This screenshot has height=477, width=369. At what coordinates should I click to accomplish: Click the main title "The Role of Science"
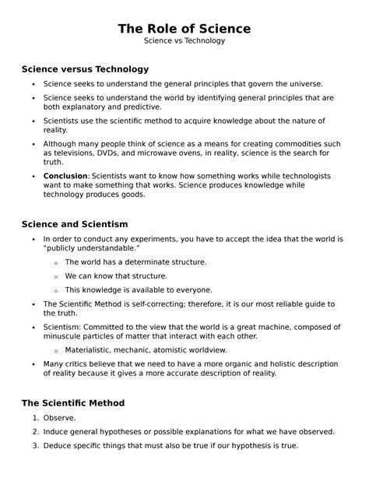coord(184,29)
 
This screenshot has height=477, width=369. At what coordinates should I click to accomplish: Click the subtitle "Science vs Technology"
coord(184,41)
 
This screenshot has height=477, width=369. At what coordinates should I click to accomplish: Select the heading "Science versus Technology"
coord(85,69)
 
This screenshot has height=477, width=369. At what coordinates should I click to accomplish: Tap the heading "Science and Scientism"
coord(75,224)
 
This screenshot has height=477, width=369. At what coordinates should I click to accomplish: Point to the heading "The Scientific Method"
coord(73,403)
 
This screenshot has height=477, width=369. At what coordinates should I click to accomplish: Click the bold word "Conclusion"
coord(65,177)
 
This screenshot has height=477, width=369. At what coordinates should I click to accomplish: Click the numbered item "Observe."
coord(61,419)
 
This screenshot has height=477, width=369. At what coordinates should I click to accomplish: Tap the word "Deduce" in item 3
coord(58,446)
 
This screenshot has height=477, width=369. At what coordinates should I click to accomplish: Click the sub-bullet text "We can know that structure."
coord(116,275)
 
